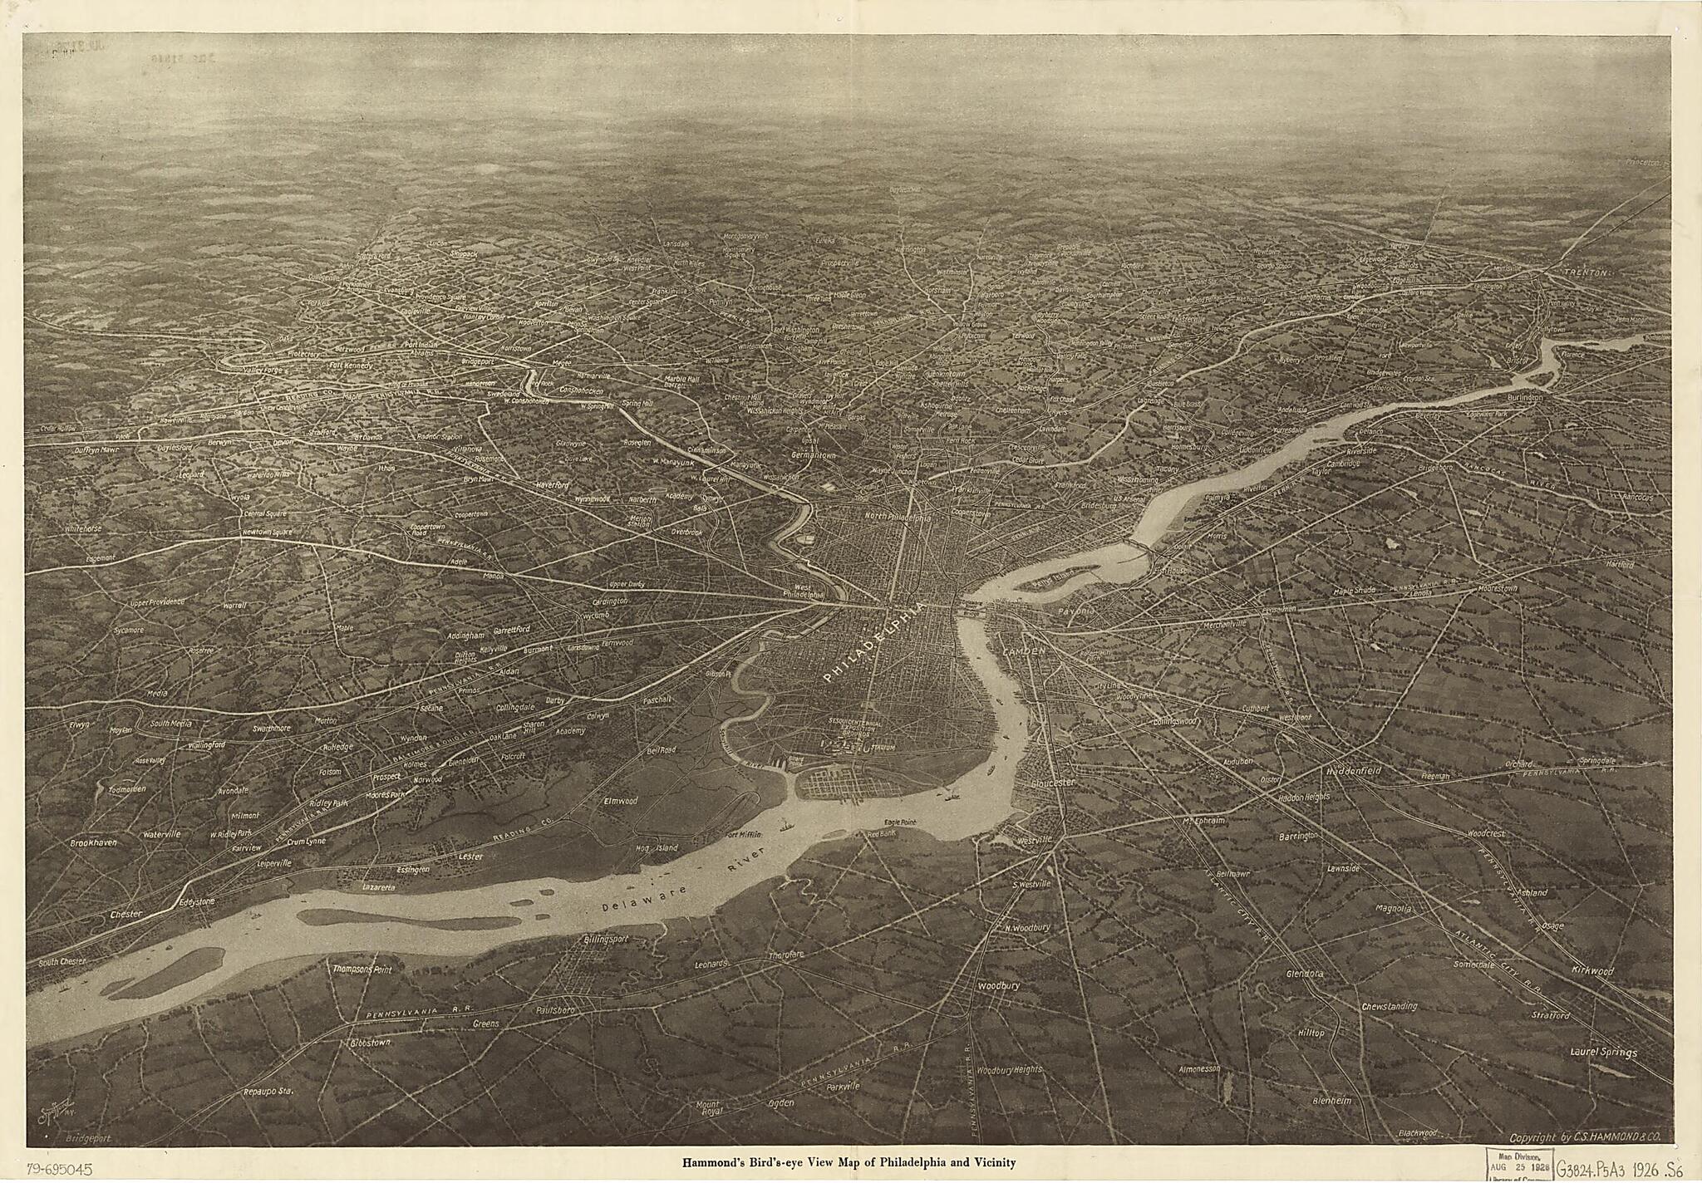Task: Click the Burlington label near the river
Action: pyautogui.click(x=1521, y=398)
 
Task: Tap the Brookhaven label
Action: pyautogui.click(x=93, y=842)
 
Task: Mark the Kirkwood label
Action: pyautogui.click(x=1591, y=970)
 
